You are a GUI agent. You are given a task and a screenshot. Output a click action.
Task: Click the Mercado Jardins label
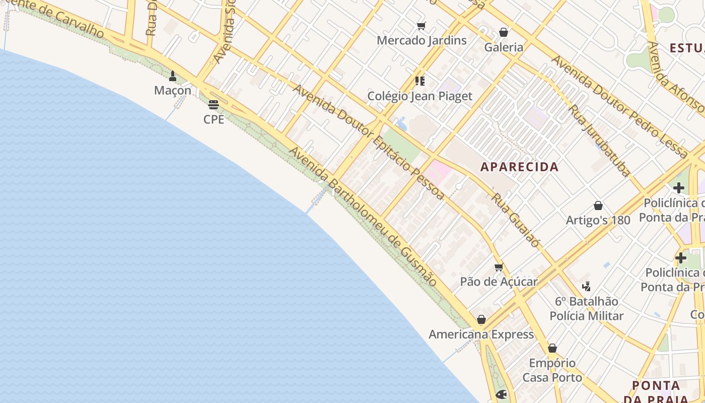pos(421,40)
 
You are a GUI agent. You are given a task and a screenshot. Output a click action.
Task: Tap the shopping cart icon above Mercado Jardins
pos(421,26)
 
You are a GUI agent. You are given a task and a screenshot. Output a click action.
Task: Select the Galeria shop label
pos(504,47)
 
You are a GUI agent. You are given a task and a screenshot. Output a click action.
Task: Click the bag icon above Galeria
pos(503,33)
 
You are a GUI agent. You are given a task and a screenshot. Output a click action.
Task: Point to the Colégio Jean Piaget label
pos(419,96)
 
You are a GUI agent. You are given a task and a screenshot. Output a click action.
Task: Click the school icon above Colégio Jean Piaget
pos(419,81)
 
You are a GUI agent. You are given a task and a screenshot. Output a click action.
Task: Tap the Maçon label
pos(173,91)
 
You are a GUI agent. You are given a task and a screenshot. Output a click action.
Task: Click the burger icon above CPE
pos(214,105)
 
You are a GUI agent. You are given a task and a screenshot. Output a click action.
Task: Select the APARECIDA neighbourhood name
pos(519,167)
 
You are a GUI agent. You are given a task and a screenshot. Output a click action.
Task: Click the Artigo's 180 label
pos(598,220)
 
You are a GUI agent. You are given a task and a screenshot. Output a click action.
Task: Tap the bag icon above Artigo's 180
pos(598,206)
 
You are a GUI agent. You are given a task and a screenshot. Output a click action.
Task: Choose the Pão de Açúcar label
pos(499,282)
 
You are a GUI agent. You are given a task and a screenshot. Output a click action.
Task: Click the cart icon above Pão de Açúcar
pos(499,267)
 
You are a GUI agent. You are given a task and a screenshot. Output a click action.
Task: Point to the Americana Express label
pos(481,334)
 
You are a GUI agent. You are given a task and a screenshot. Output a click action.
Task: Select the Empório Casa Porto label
pos(552,370)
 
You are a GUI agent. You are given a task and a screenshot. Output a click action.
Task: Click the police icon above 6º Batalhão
pos(586,287)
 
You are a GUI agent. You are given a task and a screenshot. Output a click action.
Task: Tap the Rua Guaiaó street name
pos(516,221)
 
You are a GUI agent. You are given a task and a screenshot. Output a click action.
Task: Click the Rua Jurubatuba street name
pos(599,141)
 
